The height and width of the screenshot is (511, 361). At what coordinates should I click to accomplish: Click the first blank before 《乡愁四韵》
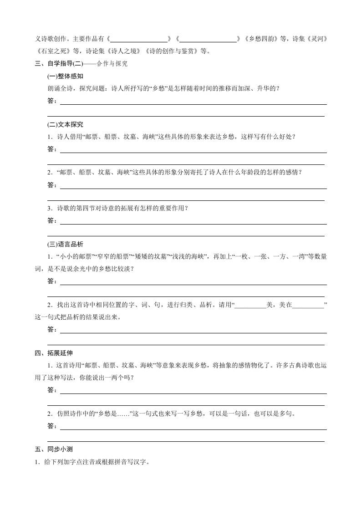[139, 39]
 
